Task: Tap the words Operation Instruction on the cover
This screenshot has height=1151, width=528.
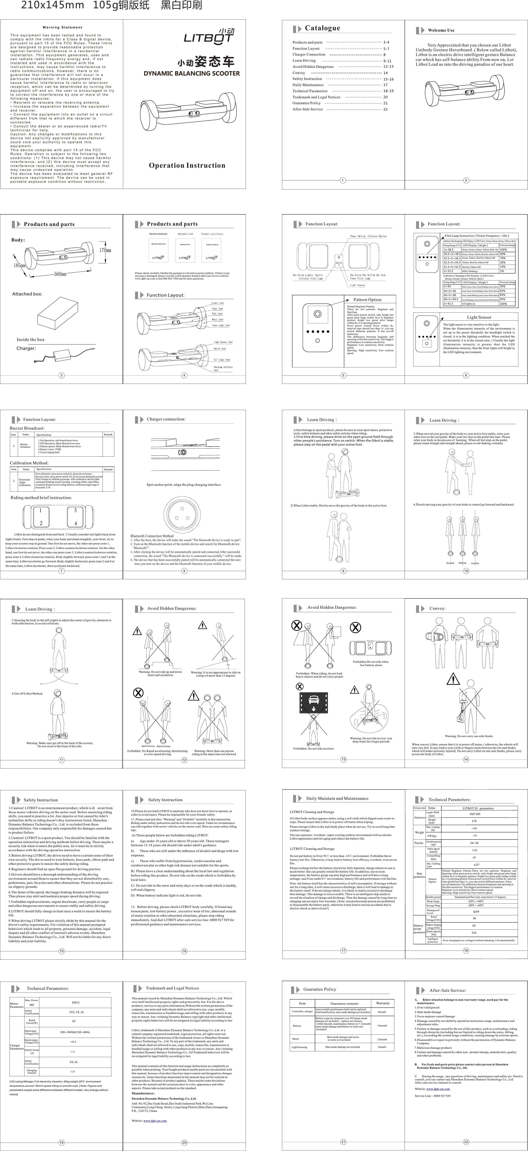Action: (187, 165)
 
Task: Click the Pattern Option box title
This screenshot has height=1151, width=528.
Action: (367, 300)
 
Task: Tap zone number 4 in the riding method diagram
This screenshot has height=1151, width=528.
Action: (76, 523)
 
